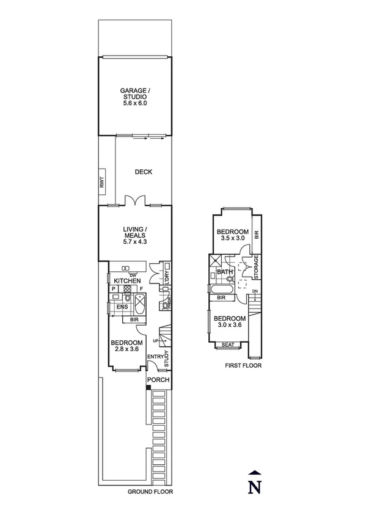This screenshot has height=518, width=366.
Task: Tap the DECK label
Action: pos(143,172)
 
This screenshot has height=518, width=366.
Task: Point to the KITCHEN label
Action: pos(127,280)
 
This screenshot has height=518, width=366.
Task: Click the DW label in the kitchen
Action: pos(131,275)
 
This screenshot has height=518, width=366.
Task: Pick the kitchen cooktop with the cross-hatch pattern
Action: pos(128,288)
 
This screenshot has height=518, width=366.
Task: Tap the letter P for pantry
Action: pos(113,288)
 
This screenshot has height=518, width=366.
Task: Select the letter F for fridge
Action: pos(141,288)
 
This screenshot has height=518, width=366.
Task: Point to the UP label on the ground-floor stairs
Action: pos(155,341)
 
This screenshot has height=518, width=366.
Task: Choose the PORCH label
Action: pos(158,380)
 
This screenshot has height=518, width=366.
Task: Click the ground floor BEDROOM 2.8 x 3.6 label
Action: pos(126,346)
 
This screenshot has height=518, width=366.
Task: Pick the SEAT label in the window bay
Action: pos(227,345)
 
